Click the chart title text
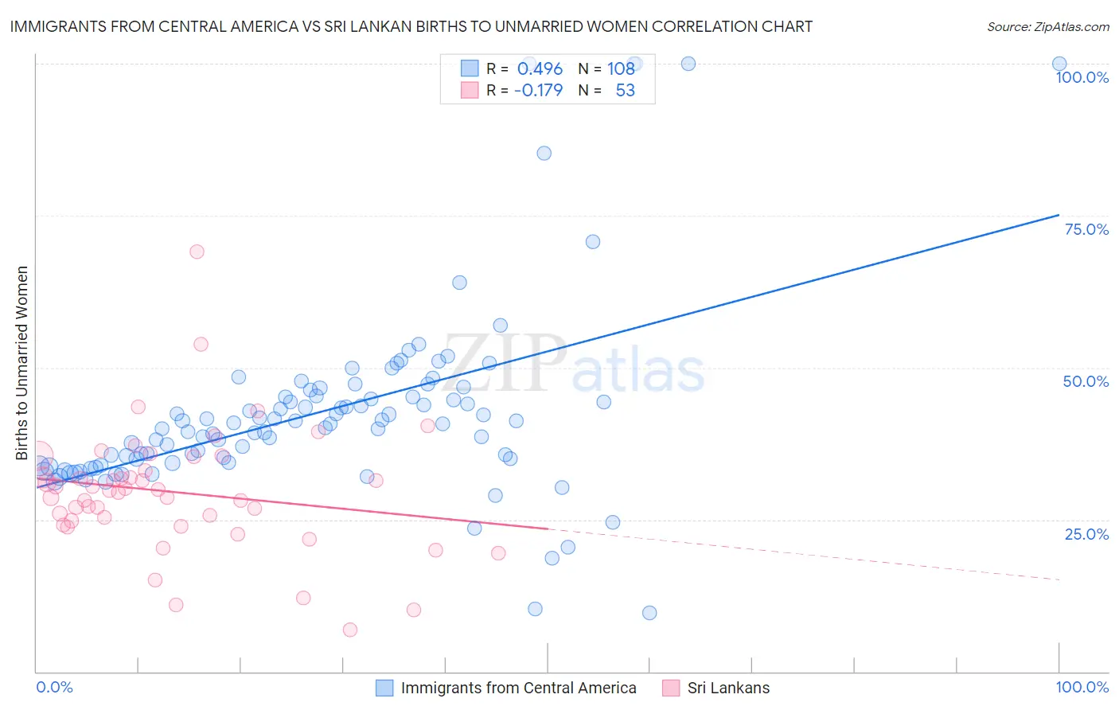point(411,26)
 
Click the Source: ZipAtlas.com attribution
point(1047,26)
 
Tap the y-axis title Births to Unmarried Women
point(21,363)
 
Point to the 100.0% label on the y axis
point(1082,77)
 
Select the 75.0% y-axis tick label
point(1086,229)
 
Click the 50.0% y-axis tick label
point(1086,381)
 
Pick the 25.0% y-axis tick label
point(1086,533)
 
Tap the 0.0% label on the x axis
point(54,687)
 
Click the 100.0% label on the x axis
point(1082,687)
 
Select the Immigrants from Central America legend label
point(518,688)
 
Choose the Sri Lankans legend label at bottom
point(728,688)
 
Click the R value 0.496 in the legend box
point(540,68)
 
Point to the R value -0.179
point(538,90)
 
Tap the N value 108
point(621,68)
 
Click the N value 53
point(625,90)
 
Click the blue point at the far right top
point(1059,64)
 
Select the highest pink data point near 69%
point(197,252)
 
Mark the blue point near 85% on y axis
point(544,153)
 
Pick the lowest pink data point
point(349,630)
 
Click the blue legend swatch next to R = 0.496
point(470,68)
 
